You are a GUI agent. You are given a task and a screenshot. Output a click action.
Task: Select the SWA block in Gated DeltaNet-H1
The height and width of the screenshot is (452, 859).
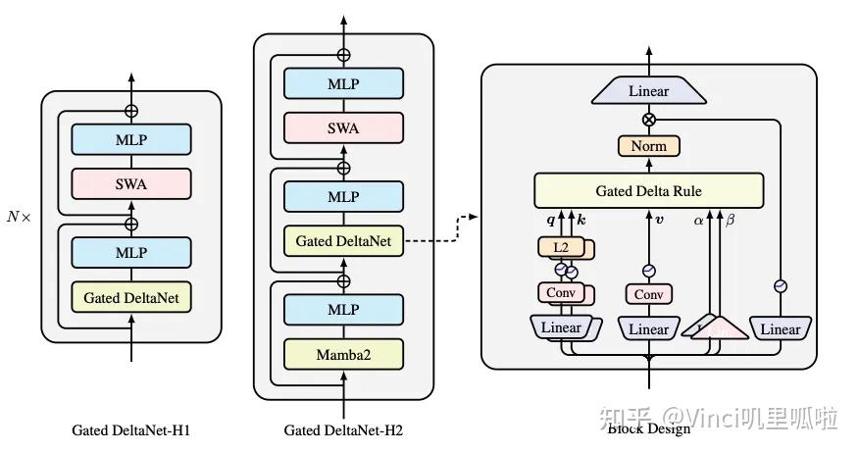131,182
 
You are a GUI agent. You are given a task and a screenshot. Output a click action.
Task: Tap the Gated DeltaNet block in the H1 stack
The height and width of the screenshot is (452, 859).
131,296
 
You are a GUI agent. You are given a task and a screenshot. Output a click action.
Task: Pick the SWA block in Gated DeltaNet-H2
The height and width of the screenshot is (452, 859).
343,126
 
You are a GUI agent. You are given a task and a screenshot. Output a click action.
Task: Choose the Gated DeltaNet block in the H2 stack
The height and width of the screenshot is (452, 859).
343,239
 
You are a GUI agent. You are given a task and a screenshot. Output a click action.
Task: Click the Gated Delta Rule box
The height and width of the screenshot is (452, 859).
648,189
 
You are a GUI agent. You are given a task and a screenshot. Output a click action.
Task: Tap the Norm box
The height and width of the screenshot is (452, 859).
648,146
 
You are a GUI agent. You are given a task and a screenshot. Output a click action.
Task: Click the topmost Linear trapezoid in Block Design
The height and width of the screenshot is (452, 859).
648,91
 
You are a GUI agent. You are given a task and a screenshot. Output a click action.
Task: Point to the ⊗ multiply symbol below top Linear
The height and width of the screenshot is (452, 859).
648,119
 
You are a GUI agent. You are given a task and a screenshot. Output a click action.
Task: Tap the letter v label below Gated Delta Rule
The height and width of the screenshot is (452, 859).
659,220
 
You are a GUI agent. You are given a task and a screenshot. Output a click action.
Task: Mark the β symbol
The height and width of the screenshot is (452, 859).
730,221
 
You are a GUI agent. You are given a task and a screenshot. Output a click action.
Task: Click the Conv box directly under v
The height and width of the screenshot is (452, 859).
648,294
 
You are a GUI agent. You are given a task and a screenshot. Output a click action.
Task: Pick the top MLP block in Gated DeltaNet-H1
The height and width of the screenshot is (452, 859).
131,139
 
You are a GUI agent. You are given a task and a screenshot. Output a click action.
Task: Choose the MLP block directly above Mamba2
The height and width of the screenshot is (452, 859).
343,309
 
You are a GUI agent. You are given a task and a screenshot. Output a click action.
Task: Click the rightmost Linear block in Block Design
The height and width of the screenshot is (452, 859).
781,328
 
